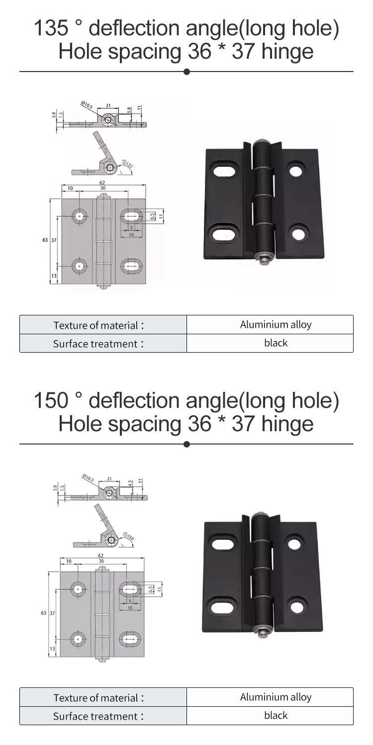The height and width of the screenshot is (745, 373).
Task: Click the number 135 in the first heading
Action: click(x=50, y=28)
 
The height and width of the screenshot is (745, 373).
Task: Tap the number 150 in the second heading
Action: click(x=50, y=401)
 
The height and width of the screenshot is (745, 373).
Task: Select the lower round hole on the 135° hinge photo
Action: click(x=297, y=233)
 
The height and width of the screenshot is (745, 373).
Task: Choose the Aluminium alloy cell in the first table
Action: click(x=276, y=325)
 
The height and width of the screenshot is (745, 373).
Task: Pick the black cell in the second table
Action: click(x=276, y=716)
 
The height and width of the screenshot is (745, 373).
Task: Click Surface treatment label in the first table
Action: click(x=98, y=344)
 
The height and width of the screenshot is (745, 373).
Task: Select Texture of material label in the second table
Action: click(x=98, y=698)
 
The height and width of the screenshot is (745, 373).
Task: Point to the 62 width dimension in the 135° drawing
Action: click(x=102, y=183)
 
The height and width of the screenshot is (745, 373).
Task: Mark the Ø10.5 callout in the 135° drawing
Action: click(x=88, y=105)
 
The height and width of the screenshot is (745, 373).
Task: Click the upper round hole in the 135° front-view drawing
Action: click(x=80, y=216)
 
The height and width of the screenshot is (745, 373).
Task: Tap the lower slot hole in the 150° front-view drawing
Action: click(x=131, y=638)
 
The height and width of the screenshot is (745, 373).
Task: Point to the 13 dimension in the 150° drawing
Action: click(x=52, y=649)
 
